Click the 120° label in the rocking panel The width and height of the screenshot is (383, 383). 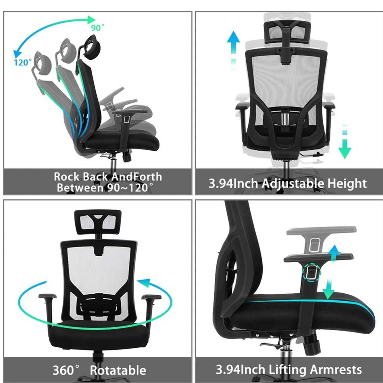pos(23,62)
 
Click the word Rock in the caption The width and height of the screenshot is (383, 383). pos(66,176)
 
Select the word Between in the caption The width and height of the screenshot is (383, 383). pos(79,187)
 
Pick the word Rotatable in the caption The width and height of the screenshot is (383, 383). pos(118,370)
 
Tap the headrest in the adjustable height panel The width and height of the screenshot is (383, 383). pos(287,30)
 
